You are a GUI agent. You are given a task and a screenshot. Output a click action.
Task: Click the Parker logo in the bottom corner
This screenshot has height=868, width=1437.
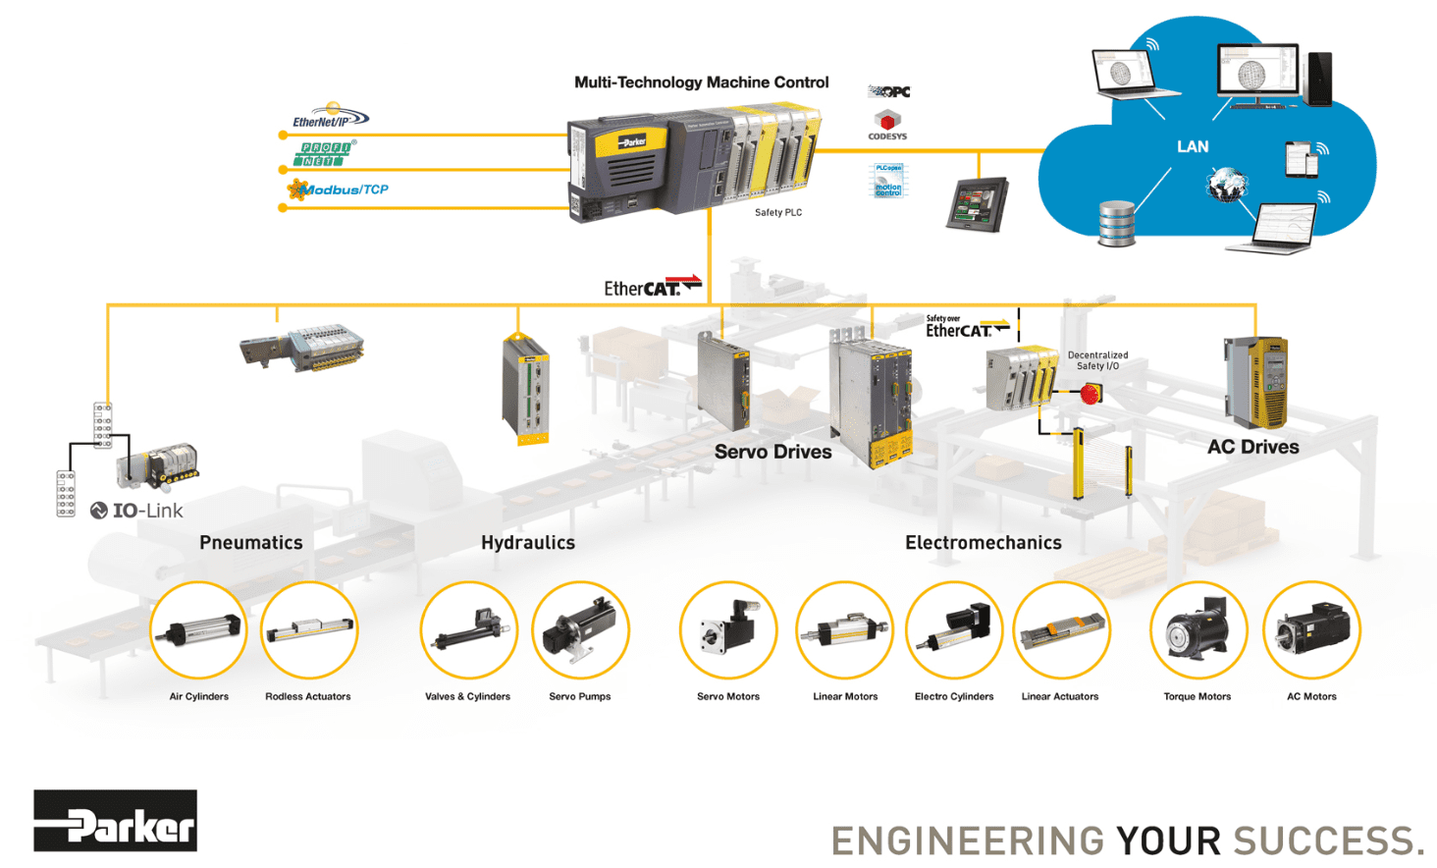click(115, 821)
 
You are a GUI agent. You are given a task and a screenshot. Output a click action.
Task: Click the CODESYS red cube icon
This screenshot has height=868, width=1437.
click(887, 121)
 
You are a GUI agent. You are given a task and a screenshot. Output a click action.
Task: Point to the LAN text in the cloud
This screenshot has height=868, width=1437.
click(1193, 147)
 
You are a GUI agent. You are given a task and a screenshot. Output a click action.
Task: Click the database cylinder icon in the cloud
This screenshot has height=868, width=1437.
click(1116, 223)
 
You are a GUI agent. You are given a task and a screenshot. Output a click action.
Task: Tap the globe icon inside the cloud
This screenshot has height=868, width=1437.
click(1227, 184)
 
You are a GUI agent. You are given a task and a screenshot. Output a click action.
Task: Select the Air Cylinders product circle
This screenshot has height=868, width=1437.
click(198, 630)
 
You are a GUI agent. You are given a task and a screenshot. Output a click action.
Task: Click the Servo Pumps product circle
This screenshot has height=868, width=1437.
click(580, 630)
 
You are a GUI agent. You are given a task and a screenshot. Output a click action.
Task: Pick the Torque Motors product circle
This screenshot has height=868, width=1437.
click(1197, 630)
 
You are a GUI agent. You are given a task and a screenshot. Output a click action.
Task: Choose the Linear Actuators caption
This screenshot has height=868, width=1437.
click(1060, 697)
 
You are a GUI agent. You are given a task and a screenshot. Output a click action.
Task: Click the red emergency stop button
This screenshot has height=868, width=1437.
click(1090, 394)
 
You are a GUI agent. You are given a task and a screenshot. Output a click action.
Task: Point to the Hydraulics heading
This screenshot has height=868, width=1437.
click(528, 543)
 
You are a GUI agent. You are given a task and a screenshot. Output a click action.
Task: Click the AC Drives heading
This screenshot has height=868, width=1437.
click(1253, 447)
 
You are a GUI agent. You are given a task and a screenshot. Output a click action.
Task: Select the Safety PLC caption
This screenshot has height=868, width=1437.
click(778, 213)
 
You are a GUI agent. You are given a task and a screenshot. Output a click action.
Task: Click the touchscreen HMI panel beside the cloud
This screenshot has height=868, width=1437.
click(977, 204)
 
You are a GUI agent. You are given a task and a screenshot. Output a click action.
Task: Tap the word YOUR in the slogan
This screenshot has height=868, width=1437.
click(1168, 841)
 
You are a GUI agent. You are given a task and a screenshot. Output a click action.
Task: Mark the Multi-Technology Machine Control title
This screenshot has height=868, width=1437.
click(701, 82)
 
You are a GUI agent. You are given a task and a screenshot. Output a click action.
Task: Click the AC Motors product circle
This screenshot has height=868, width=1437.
click(1311, 630)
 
